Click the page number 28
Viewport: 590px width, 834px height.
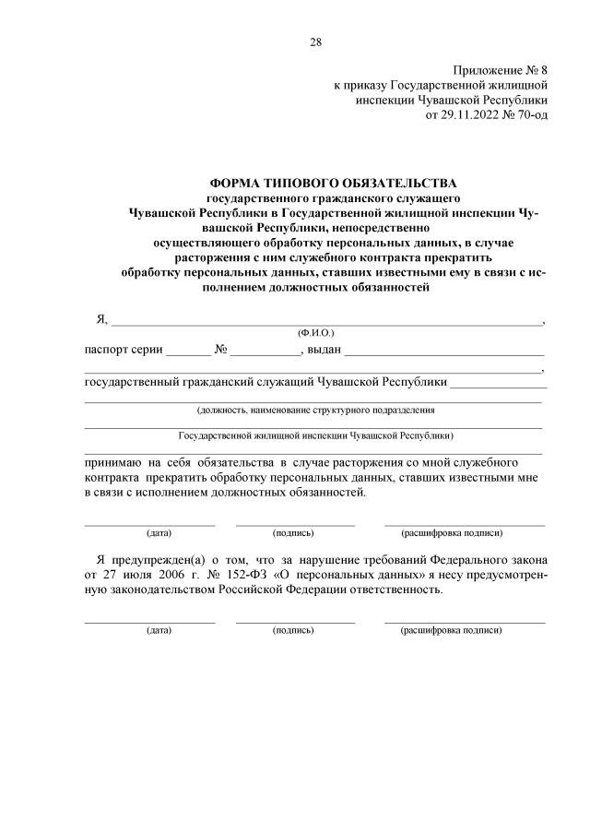click(x=316, y=41)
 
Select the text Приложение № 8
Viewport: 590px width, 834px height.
click(x=501, y=71)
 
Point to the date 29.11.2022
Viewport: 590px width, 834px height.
click(x=473, y=115)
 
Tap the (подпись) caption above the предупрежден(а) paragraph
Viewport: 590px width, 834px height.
click(x=293, y=533)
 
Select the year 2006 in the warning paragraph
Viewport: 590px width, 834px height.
click(x=162, y=574)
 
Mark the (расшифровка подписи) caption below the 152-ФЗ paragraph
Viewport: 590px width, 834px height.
click(x=452, y=630)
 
